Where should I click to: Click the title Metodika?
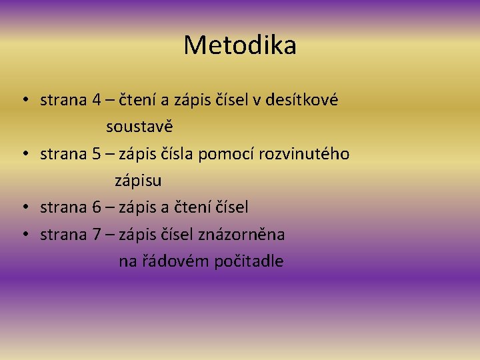240,45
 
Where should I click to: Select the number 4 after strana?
97,101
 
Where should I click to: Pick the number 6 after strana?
97,208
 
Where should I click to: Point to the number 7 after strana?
97,235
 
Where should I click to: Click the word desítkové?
302,101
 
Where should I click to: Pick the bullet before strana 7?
23,235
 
